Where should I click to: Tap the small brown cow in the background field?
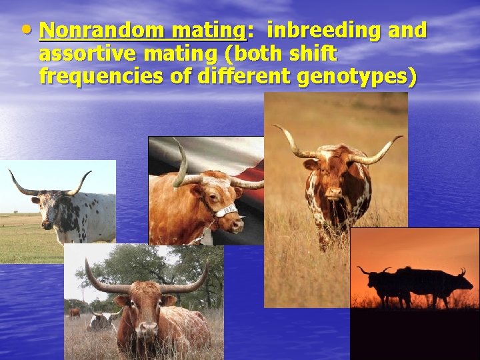point(75,311)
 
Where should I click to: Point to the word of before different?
point(181,77)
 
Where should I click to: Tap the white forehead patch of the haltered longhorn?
point(215,180)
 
